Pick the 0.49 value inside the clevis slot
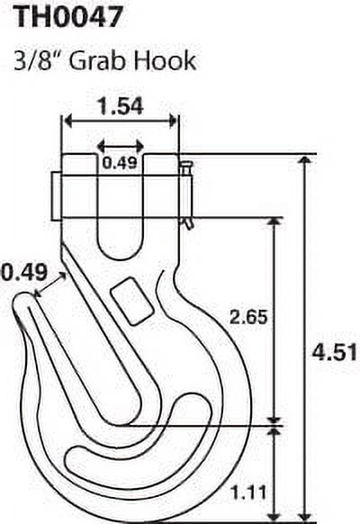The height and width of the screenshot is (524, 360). pyautogui.click(x=120, y=162)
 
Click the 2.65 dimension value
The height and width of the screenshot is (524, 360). pyautogui.click(x=249, y=318)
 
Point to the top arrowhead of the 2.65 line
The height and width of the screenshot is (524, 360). pyautogui.click(x=274, y=221)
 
